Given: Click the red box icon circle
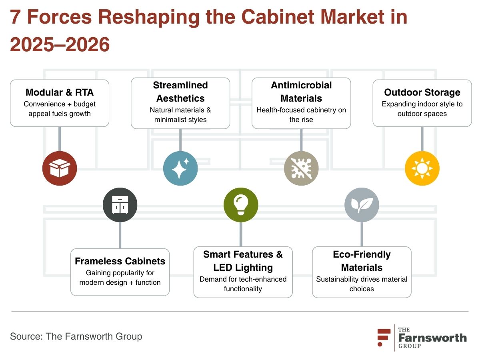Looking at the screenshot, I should (x=60, y=168).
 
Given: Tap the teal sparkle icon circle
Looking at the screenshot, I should (x=180, y=168).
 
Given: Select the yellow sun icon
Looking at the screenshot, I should (x=422, y=168).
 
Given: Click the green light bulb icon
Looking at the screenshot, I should (x=241, y=204).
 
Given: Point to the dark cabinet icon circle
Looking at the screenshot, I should (x=120, y=204).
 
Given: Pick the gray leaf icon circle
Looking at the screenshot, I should (x=362, y=204).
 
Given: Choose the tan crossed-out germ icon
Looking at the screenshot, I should (x=301, y=168).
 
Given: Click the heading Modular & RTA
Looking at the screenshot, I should (x=60, y=92).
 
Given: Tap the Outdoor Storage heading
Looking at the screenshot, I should (x=422, y=92).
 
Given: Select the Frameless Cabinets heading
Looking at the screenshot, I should (x=120, y=261).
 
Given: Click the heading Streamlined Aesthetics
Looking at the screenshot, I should (x=180, y=92).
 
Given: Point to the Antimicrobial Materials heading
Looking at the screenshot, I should (x=301, y=92).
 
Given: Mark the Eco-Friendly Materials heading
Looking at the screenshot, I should (x=362, y=261).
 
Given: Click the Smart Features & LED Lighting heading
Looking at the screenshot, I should (x=243, y=261).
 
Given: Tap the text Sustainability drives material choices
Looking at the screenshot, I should (x=362, y=284).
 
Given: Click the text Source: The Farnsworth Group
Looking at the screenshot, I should (x=76, y=336).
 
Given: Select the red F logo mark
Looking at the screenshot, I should (x=384, y=337).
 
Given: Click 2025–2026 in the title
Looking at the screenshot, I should (x=60, y=44).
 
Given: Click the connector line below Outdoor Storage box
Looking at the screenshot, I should (x=422, y=139).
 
